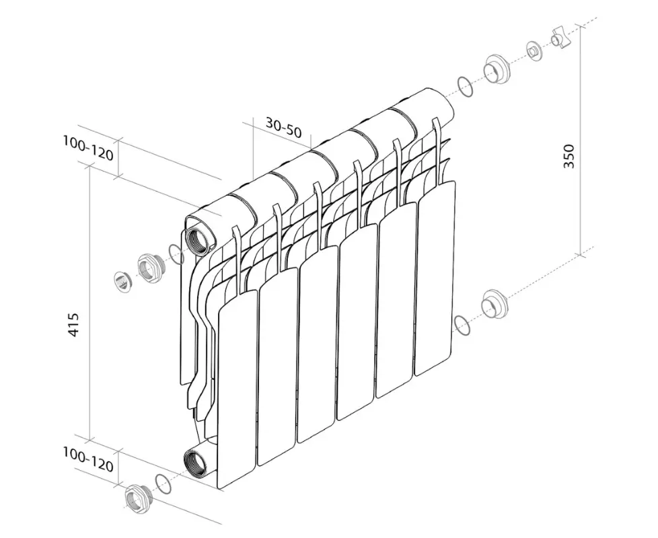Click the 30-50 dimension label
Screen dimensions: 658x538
(x=283, y=127)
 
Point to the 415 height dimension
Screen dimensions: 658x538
(x=73, y=325)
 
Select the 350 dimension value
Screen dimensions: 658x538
(x=569, y=156)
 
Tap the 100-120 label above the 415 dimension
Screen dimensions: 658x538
(x=88, y=148)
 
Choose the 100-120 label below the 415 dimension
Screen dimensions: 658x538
(x=88, y=459)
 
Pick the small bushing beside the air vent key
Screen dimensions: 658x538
(x=535, y=52)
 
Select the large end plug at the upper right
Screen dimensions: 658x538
(x=497, y=70)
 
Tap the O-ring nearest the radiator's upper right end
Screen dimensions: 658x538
(x=464, y=87)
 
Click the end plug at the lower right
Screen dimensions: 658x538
(x=495, y=303)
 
